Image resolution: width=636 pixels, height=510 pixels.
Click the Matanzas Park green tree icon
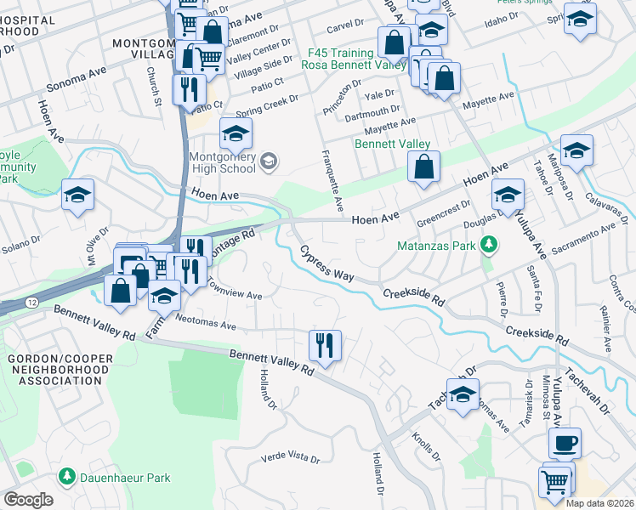[488, 246]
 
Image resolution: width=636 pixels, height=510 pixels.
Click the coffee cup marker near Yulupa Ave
[565, 444]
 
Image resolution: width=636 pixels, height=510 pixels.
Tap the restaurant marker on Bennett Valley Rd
[324, 346]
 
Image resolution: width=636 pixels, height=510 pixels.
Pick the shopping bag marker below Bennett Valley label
[423, 168]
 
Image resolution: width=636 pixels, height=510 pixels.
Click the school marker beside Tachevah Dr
[463, 395]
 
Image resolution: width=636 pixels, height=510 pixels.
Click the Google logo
[27, 500]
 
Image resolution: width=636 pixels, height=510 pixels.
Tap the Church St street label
[152, 88]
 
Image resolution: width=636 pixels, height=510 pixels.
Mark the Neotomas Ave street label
[205, 325]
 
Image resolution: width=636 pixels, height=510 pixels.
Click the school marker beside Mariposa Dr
[576, 150]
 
